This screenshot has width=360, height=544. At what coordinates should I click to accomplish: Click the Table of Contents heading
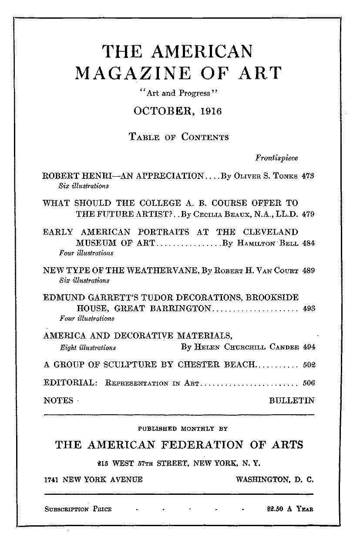pos(178,137)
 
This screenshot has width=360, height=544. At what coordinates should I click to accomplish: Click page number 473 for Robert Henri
pos(308,177)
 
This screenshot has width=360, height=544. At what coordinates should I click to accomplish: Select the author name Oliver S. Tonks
pos(266,177)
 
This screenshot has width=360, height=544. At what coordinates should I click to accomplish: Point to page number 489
pos(308,270)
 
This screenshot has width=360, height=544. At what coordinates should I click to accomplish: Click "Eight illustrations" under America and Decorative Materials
pos(87,347)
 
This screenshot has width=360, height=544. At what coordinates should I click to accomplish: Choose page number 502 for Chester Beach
pos(308,365)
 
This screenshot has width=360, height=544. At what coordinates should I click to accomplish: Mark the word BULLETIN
pos(292,400)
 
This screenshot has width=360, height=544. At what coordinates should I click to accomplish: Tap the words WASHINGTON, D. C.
pos(274,480)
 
